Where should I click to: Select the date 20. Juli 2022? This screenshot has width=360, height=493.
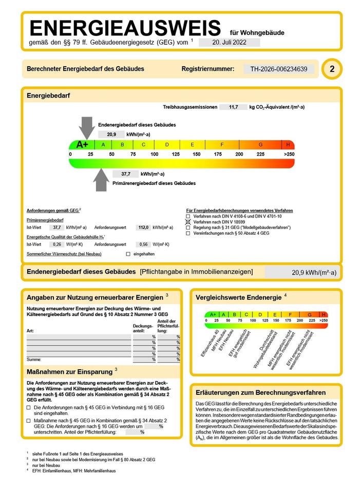point(229,43)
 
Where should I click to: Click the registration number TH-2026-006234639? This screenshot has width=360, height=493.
point(278,69)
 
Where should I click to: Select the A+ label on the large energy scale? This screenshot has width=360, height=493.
point(82,145)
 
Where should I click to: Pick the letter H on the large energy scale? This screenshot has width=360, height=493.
point(288,145)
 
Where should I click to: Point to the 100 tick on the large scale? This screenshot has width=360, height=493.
point(154,154)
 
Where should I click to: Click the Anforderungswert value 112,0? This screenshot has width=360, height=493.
point(143,227)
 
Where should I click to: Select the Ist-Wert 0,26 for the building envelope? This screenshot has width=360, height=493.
point(58,244)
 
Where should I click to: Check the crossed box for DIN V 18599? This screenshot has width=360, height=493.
point(188,222)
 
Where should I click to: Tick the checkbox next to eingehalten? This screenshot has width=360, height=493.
point(128,254)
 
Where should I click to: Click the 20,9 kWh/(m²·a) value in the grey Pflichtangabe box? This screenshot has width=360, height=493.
point(314,273)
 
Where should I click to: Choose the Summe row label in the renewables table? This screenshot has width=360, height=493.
point(34,359)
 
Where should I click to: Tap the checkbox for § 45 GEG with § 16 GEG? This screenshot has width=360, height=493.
point(29,408)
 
